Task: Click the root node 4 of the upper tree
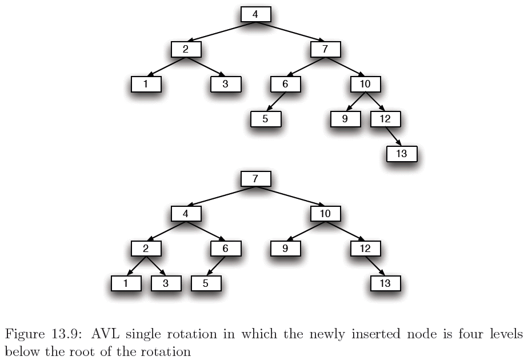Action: (x=255, y=14)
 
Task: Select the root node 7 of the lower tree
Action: (x=255, y=179)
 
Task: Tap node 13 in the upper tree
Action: (x=402, y=154)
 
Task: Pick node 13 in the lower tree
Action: (x=386, y=283)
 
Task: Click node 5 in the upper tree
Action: (x=266, y=119)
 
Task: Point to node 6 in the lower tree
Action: (x=226, y=249)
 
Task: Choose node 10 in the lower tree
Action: (x=326, y=214)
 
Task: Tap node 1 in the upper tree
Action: (x=146, y=85)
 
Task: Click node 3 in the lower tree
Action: (x=166, y=283)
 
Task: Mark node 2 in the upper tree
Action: (x=186, y=50)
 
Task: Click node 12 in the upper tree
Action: (x=386, y=119)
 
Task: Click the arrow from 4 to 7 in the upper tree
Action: (x=290, y=32)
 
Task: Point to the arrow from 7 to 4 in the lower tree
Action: (x=221, y=197)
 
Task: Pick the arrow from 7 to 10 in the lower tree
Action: (x=290, y=197)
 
